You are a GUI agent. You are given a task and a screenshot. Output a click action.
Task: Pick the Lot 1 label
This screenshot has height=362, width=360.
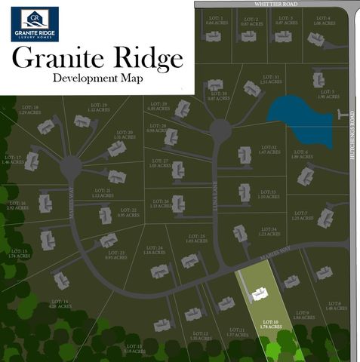click(x=215, y=21)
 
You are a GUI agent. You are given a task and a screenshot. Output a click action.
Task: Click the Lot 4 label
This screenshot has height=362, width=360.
click(x=322, y=20)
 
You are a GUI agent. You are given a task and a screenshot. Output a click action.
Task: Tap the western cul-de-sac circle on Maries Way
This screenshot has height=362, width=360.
click(x=71, y=165)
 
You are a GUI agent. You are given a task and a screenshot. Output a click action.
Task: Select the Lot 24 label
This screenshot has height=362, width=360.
click(x=155, y=250)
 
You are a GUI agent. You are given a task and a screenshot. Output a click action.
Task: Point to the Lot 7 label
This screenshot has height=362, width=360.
click(x=323, y=216)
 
